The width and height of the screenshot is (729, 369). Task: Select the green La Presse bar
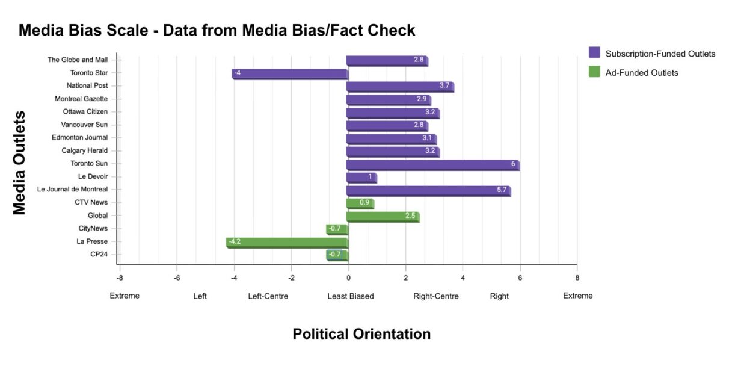(287, 242)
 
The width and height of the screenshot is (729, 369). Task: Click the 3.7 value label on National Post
(444, 85)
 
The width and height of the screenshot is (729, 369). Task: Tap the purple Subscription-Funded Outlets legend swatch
(594, 53)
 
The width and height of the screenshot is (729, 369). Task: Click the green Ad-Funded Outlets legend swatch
(594, 72)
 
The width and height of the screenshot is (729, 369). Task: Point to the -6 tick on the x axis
(177, 278)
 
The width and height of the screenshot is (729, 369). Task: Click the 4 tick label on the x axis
(463, 278)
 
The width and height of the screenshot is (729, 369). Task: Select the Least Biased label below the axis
(350, 296)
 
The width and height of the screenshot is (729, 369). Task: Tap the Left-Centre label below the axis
(268, 296)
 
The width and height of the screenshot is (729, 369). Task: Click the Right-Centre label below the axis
(435, 296)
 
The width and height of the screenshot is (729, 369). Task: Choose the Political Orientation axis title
(361, 334)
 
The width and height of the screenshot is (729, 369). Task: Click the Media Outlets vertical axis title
(20, 162)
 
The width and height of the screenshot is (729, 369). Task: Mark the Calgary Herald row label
(84, 150)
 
